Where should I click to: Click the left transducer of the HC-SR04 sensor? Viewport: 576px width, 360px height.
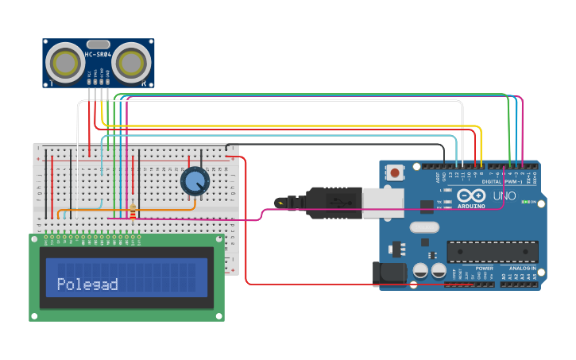(64, 61)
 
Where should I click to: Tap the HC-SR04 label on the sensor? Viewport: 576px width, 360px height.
(98, 55)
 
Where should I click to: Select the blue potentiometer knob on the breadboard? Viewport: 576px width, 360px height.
(195, 182)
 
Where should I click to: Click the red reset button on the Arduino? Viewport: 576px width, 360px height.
(394, 172)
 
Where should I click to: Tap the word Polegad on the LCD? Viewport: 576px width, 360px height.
(87, 285)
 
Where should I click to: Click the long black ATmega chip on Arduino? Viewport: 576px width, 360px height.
(492, 252)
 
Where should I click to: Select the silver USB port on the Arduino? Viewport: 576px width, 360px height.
(383, 202)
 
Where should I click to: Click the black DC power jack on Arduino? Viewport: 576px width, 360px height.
(390, 273)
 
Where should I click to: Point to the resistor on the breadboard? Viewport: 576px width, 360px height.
(133, 211)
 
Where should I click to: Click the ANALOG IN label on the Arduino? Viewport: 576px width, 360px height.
(522, 269)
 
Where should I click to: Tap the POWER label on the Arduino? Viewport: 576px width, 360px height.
(484, 269)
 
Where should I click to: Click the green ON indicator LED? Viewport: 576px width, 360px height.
(524, 201)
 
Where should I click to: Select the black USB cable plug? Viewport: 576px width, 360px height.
(334, 201)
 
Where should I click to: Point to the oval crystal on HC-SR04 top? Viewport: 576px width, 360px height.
(98, 44)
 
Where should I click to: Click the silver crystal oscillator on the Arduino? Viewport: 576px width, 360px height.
(424, 227)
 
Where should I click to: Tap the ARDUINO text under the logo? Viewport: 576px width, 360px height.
(471, 206)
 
